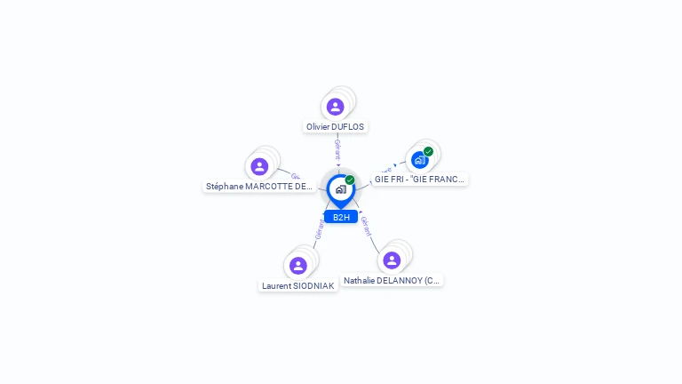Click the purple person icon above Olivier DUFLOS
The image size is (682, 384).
coord(335,107)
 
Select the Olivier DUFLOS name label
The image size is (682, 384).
coord(335,127)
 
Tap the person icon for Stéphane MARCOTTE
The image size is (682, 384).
coord(259,166)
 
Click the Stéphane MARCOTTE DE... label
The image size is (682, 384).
coord(259,187)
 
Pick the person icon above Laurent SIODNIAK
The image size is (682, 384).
coord(298,265)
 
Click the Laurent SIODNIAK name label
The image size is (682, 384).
coord(298,286)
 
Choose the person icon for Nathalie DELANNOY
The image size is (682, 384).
coord(392,260)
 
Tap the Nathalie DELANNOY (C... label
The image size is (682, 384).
coord(392,281)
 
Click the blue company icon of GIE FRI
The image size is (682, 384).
coord(419,160)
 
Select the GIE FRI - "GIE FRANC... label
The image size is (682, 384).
coord(419,180)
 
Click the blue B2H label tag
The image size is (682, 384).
coord(341,217)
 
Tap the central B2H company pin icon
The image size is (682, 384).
coord(340,189)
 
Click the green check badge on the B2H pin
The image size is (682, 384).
coord(350,180)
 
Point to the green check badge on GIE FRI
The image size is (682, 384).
coord(428,152)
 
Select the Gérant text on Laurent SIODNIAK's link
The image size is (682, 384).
coord(319,228)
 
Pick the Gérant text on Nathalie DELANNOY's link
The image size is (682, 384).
coord(365,226)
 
